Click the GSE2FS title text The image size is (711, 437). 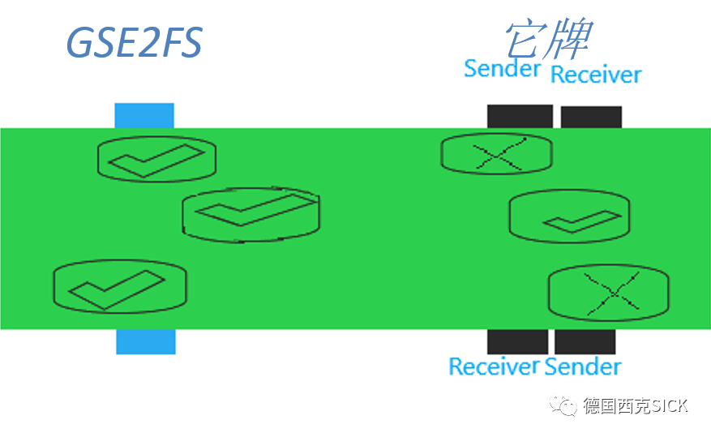(134, 42)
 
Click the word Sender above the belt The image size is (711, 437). (502, 69)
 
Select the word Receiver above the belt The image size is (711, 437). (596, 75)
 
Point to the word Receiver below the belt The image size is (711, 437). (494, 366)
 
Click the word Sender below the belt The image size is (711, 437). (583, 366)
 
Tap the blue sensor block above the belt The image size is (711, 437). (144, 115)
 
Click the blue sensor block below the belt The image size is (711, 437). (146, 341)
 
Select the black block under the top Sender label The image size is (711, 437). (520, 116)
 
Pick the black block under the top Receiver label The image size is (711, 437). (591, 117)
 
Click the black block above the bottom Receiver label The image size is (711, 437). (517, 341)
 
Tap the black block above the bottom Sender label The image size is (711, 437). (585, 341)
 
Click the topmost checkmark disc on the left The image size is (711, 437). (156, 158)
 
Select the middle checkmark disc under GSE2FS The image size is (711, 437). (251, 214)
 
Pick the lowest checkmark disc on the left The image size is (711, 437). (120, 286)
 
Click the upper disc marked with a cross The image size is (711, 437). (496, 154)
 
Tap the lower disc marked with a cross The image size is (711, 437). (609, 293)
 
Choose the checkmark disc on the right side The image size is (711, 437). (570, 217)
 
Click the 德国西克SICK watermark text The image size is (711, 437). (635, 406)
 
